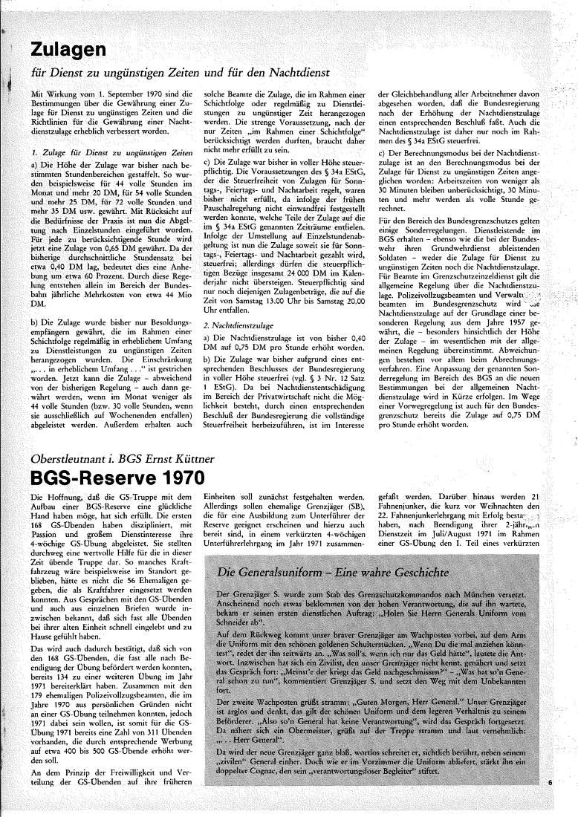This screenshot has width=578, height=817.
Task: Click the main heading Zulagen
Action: [x=68, y=50]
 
